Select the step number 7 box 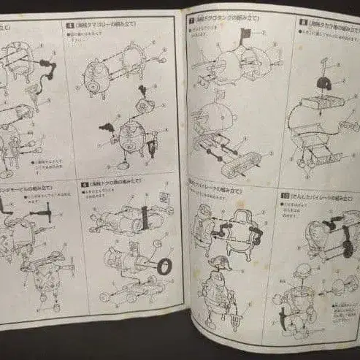coord(191,21)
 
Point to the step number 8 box coord(302,23)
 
